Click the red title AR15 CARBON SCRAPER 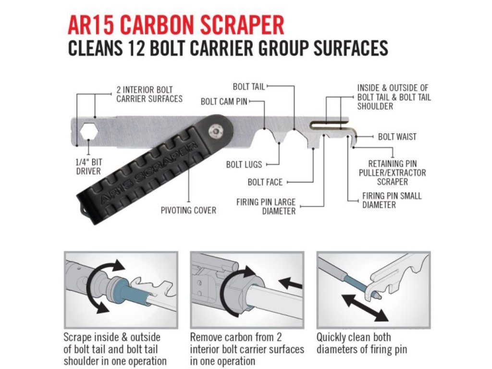tap(176, 25)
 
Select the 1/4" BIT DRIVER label tap(89, 167)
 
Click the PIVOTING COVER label tap(188, 210)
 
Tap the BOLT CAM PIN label tap(224, 102)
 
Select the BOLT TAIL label tap(248, 87)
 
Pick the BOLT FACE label tap(265, 183)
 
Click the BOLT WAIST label tap(397, 137)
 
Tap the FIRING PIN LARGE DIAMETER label tap(266, 206)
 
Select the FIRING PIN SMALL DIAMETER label tap(392, 200)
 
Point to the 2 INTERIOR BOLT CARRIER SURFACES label tap(149, 94)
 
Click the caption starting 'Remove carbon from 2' tap(247, 349)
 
